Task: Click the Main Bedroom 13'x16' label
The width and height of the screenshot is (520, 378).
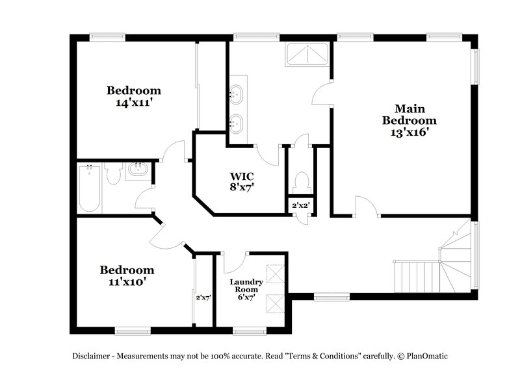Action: pos(409,120)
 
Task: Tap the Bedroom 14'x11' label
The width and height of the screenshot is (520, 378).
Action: pos(134,96)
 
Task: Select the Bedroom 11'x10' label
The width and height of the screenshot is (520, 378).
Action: pos(127,275)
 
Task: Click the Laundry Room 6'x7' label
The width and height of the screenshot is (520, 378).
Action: pos(246,290)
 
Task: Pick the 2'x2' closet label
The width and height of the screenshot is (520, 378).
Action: pos(300,205)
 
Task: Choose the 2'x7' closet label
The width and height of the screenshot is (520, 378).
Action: pos(203,297)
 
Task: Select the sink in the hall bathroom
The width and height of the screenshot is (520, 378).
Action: pos(138,171)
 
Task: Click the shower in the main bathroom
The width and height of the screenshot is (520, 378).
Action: pos(308,55)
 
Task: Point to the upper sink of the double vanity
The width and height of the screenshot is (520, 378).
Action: pos(236,94)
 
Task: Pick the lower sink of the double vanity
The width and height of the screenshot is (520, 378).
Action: pos(236,121)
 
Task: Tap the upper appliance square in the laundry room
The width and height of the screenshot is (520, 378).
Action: pos(276,275)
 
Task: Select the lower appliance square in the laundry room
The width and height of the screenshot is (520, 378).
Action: pos(276,303)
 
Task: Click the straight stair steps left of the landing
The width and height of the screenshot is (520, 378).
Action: pos(417,276)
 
